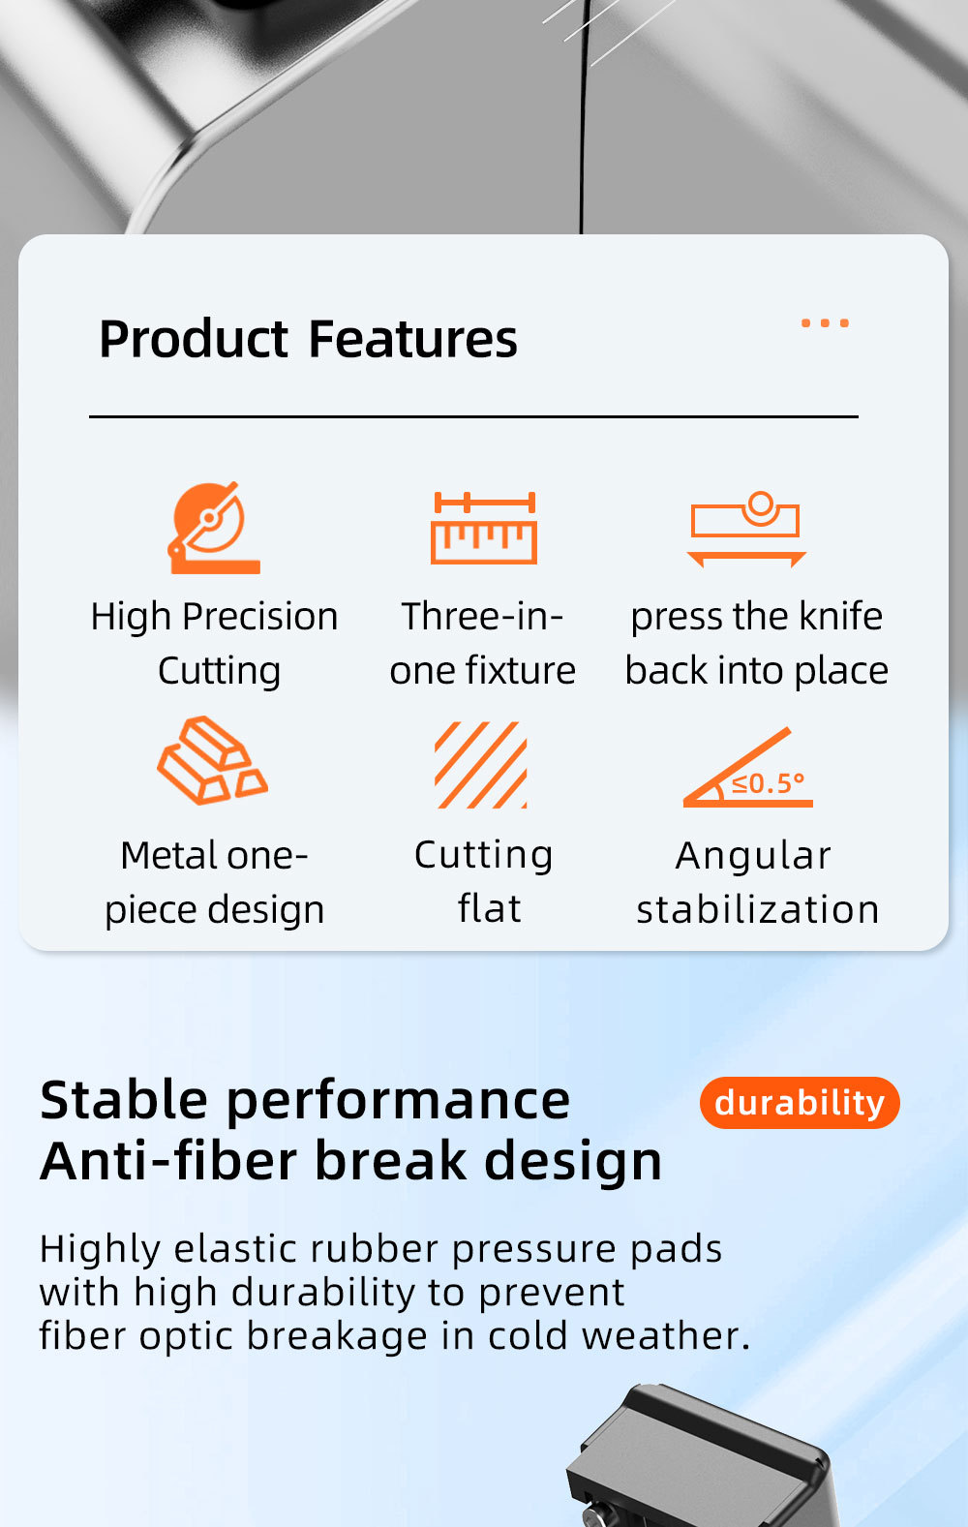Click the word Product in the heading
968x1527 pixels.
tap(194, 339)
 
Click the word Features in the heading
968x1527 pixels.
tap(412, 339)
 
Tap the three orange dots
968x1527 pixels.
tap(825, 323)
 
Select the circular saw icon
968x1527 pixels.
tap(213, 528)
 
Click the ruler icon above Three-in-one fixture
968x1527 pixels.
tap(484, 528)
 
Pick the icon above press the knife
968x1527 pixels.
tap(746, 529)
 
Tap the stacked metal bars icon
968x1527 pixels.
tap(213, 760)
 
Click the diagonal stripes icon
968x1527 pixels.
tap(481, 765)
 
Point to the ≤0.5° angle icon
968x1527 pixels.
tap(748, 768)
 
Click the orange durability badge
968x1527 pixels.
tap(800, 1102)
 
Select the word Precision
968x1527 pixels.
tap(260, 616)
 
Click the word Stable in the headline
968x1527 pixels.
tap(123, 1100)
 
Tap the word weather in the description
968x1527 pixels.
tap(666, 1335)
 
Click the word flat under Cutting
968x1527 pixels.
tap(490, 908)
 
